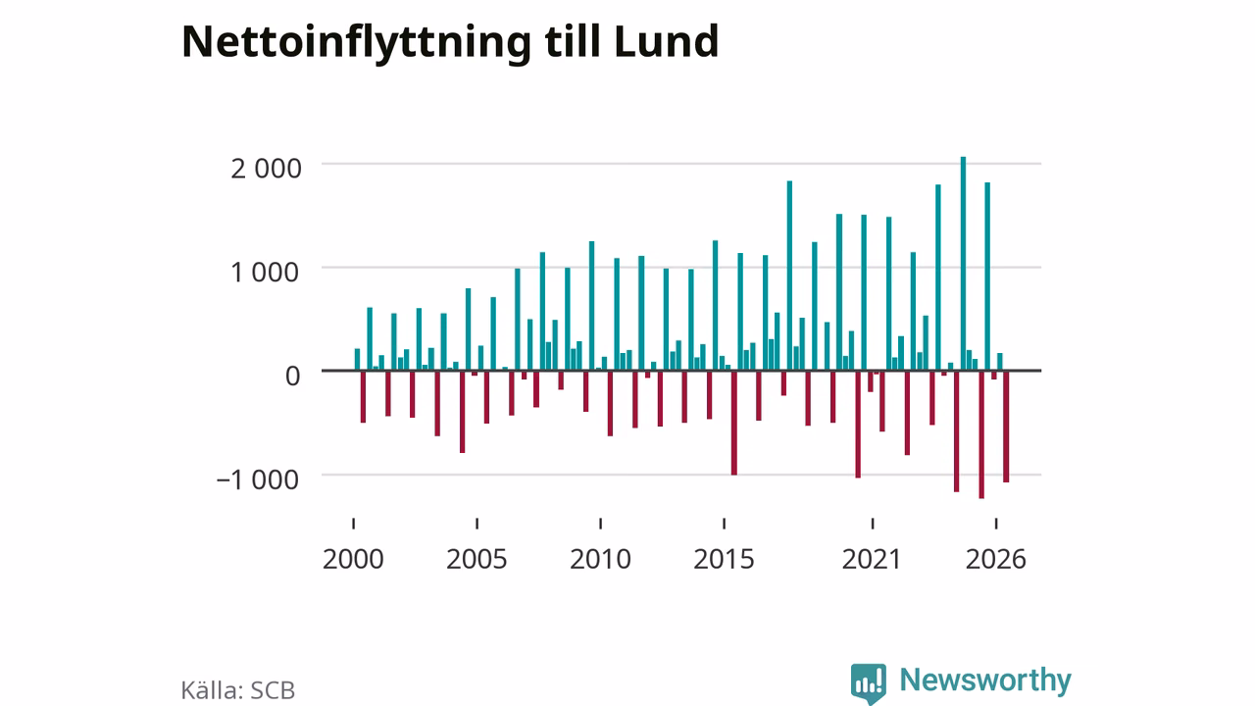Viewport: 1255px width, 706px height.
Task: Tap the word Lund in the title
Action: click(666, 41)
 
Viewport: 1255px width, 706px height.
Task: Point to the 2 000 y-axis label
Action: click(266, 169)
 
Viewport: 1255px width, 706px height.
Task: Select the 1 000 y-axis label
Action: click(265, 273)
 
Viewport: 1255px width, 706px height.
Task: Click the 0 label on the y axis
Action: click(292, 376)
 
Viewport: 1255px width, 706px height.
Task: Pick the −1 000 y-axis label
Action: click(258, 479)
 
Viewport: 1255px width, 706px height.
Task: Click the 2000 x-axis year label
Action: click(353, 559)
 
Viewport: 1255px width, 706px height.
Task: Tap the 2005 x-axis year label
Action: click(477, 559)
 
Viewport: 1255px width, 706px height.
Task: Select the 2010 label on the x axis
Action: click(601, 559)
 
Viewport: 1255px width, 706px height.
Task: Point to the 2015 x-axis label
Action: click(724, 559)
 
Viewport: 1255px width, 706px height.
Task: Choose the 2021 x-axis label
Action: click(872, 559)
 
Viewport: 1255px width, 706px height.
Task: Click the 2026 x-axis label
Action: click(995, 559)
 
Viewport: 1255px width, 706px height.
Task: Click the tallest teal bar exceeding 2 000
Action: click(963, 264)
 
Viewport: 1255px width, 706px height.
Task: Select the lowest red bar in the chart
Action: click(981, 434)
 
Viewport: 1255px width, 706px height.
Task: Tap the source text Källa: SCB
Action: click(238, 690)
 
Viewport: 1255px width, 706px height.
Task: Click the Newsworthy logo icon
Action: click(869, 683)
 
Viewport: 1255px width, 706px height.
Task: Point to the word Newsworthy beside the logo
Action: click(985, 681)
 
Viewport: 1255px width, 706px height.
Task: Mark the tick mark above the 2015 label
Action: click(724, 524)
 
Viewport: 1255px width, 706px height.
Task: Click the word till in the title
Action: click(572, 41)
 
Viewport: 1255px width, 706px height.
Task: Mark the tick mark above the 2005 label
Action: click(477, 524)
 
